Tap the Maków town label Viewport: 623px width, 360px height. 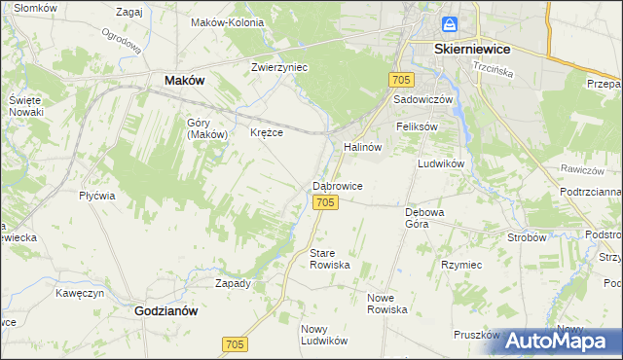184,81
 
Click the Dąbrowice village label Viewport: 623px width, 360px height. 338,185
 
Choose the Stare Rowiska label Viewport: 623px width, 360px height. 329,259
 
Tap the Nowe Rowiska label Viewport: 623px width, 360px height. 386,303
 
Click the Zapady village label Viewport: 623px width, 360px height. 233,283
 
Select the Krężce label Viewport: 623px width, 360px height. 267,132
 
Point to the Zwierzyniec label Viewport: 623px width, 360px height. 279,68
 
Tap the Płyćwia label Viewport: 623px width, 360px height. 97,195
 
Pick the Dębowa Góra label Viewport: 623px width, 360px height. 424,217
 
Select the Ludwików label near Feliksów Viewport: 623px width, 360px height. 440,163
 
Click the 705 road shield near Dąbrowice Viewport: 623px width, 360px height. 326,201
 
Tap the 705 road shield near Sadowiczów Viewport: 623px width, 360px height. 401,79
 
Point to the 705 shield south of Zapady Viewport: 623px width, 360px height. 235,344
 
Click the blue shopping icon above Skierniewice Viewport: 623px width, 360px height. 448,24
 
